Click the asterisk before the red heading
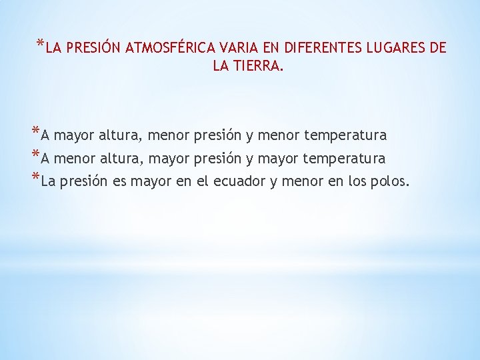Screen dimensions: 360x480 [41, 45]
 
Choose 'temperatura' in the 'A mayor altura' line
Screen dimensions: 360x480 [345, 136]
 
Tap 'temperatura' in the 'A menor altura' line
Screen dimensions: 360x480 [344, 159]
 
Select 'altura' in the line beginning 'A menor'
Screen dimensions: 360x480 [120, 159]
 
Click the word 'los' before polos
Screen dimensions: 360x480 [357, 181]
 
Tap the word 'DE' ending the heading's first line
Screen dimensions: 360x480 [438, 48]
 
